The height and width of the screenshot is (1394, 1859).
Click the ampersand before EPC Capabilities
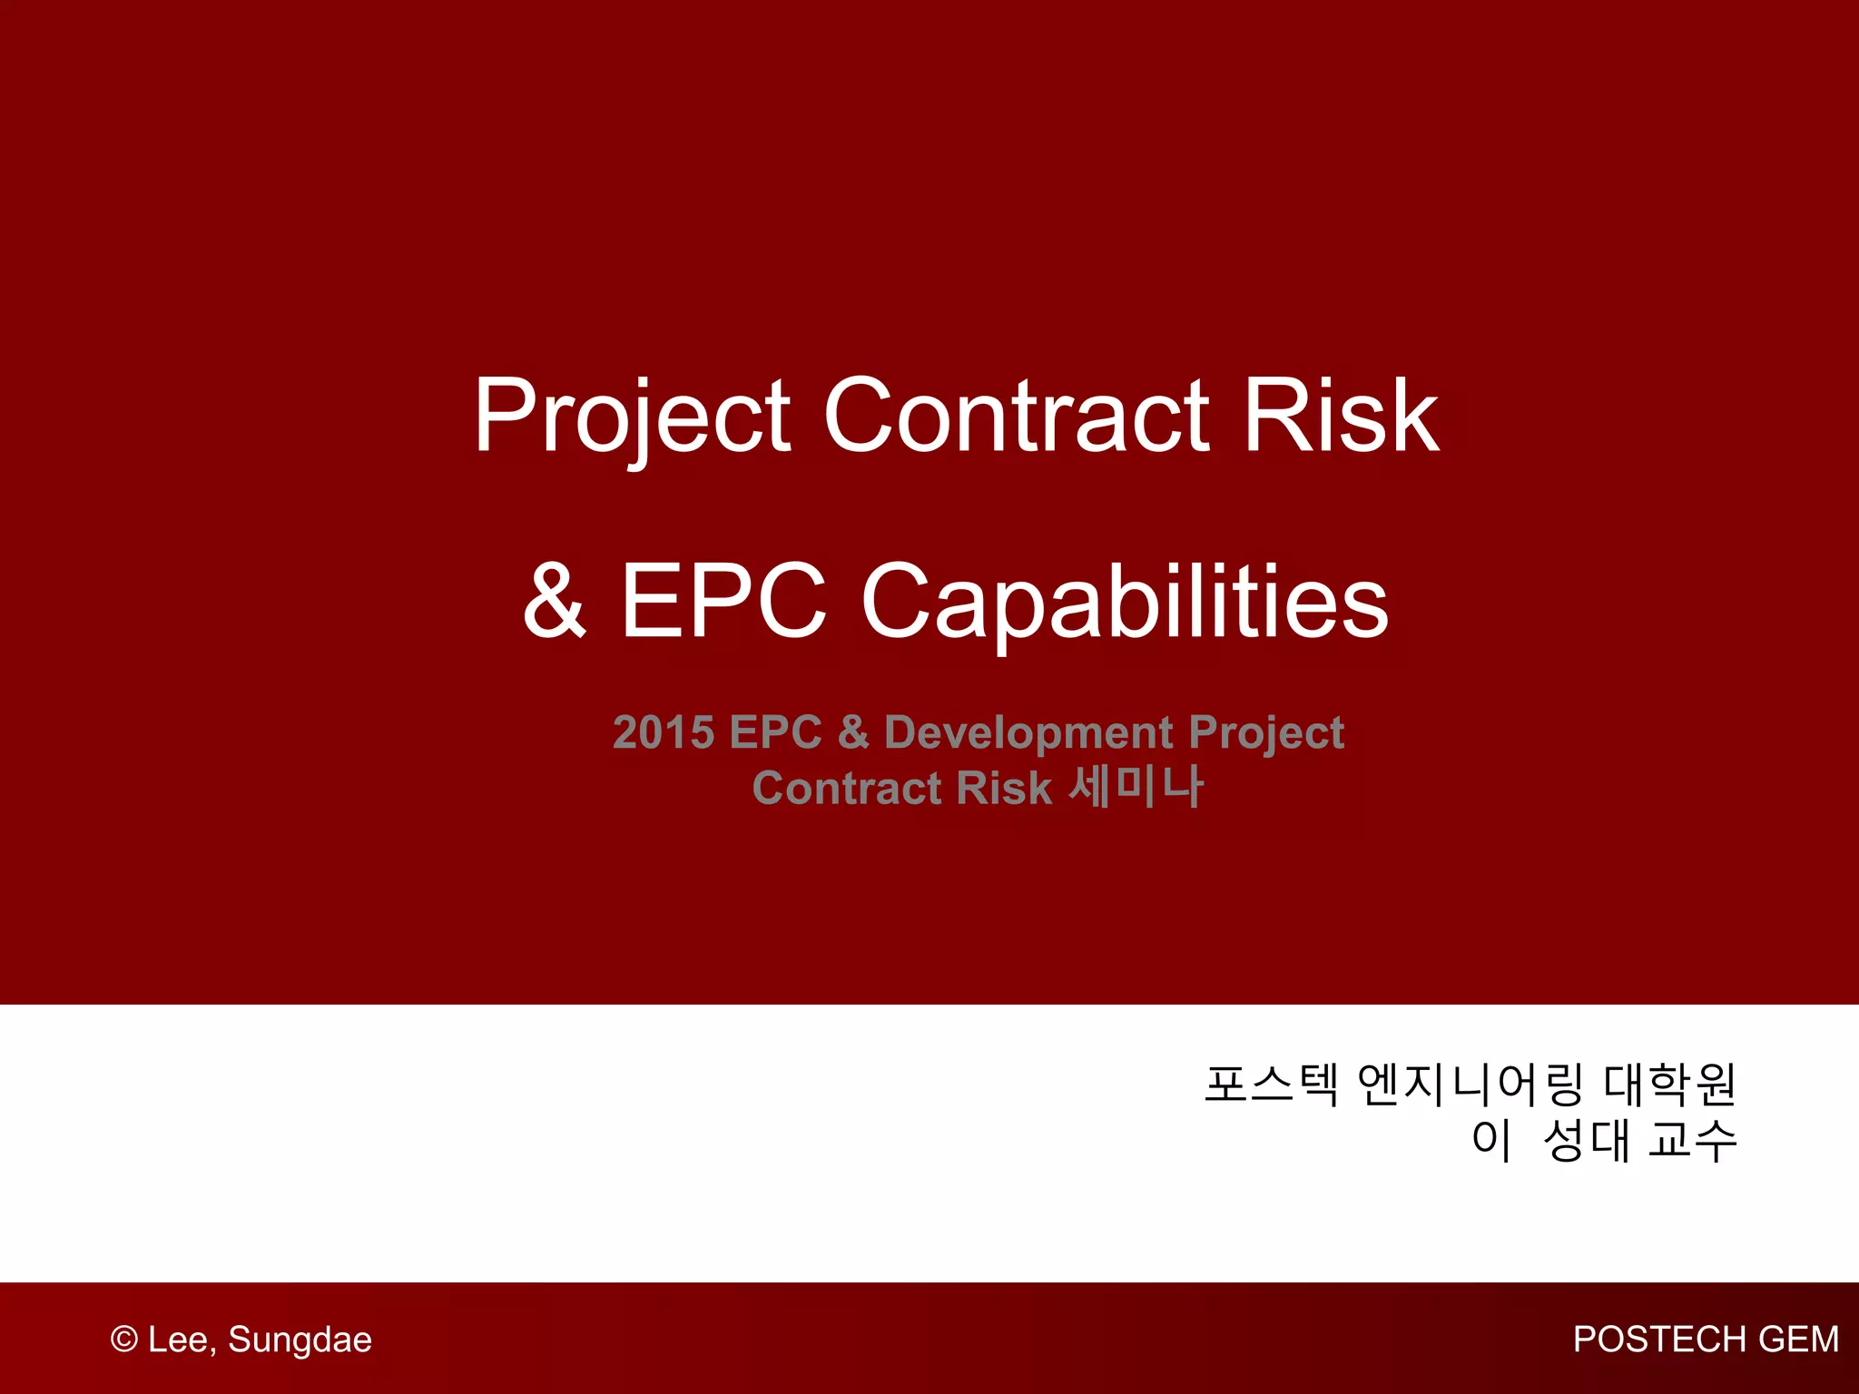click(x=556, y=600)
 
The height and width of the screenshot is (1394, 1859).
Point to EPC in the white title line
click(x=723, y=600)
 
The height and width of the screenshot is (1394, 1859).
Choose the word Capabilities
click(x=1125, y=604)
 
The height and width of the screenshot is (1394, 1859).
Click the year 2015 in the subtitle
click(x=664, y=732)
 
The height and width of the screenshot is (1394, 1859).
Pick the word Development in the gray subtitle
click(x=1029, y=733)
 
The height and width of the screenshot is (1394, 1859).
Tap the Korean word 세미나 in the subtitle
click(x=1136, y=786)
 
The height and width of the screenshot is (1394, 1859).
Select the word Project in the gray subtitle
click(x=1266, y=734)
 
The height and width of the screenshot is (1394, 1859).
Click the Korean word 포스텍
click(x=1271, y=1084)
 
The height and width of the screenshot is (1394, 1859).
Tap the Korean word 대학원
click(x=1670, y=1084)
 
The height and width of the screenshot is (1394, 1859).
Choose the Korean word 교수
click(x=1693, y=1140)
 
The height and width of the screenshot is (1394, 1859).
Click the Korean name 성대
click(x=1587, y=1140)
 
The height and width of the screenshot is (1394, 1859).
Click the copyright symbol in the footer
click(x=124, y=1340)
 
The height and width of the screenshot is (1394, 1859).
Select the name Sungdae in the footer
click(x=300, y=1341)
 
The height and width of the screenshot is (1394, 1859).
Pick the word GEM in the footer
click(x=1799, y=1340)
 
